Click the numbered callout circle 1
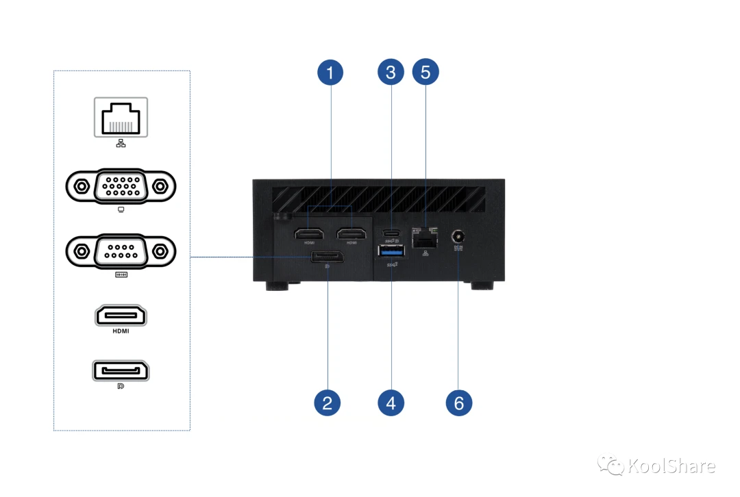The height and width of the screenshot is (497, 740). (330, 73)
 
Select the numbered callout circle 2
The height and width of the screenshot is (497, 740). (327, 403)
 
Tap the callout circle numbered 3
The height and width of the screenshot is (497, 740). (391, 73)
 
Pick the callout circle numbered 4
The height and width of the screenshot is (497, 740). (391, 403)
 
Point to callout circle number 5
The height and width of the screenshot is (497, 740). (425, 73)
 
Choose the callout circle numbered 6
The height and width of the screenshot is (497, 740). (458, 403)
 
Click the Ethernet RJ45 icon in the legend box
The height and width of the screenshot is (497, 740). (121, 118)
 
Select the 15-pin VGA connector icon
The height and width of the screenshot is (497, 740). (121, 186)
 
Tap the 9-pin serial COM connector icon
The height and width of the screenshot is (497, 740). (121, 251)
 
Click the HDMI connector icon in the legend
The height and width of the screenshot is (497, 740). (121, 316)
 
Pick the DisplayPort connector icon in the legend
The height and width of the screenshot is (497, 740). (121, 371)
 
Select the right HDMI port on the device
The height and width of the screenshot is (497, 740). (351, 235)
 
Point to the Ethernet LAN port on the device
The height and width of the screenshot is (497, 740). (425, 237)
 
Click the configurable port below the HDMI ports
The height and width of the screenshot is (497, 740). (327, 257)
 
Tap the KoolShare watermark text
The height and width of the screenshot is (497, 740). (669, 467)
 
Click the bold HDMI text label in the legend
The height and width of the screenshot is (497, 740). (121, 331)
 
